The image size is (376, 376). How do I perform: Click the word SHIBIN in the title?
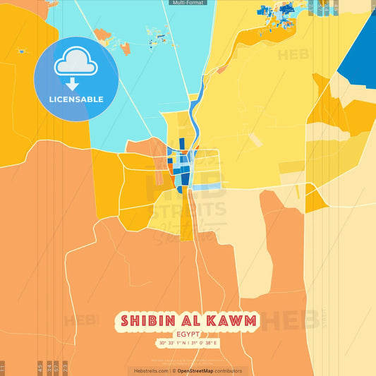145,322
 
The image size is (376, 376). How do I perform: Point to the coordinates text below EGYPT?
188,344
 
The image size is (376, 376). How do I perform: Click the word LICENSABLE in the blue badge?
76,99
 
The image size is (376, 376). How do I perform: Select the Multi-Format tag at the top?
188,3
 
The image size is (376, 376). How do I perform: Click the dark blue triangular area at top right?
360,56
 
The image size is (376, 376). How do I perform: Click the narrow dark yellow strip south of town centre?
186,215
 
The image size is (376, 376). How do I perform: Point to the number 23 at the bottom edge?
64,368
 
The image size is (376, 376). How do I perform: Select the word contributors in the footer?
229,370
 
